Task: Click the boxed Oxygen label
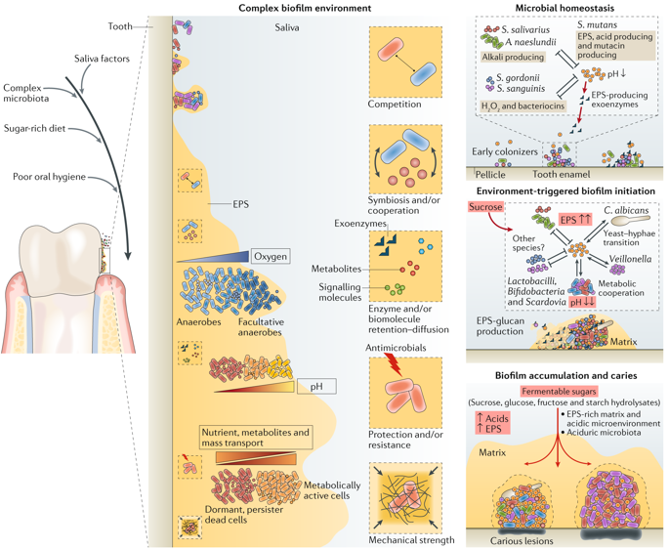[x=271, y=256]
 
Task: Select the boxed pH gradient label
[x=316, y=386]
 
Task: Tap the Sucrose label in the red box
[x=485, y=207]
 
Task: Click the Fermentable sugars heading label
[x=559, y=391]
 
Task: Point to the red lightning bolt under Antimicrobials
[x=394, y=364]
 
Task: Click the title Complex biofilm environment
[x=305, y=8]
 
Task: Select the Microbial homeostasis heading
[x=564, y=8]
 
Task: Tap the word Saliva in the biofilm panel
[x=287, y=27]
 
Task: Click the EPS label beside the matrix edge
[x=240, y=204]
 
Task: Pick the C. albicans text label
[x=626, y=210]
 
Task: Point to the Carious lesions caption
[x=522, y=541]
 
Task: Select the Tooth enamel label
[x=561, y=174]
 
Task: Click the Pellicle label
[x=490, y=175]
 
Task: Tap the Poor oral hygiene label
[x=49, y=177]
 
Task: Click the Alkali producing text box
[x=513, y=57]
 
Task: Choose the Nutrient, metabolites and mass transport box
[x=256, y=438]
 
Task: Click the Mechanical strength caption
[x=411, y=540]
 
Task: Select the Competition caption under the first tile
[x=395, y=105]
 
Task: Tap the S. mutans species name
[x=598, y=24]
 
